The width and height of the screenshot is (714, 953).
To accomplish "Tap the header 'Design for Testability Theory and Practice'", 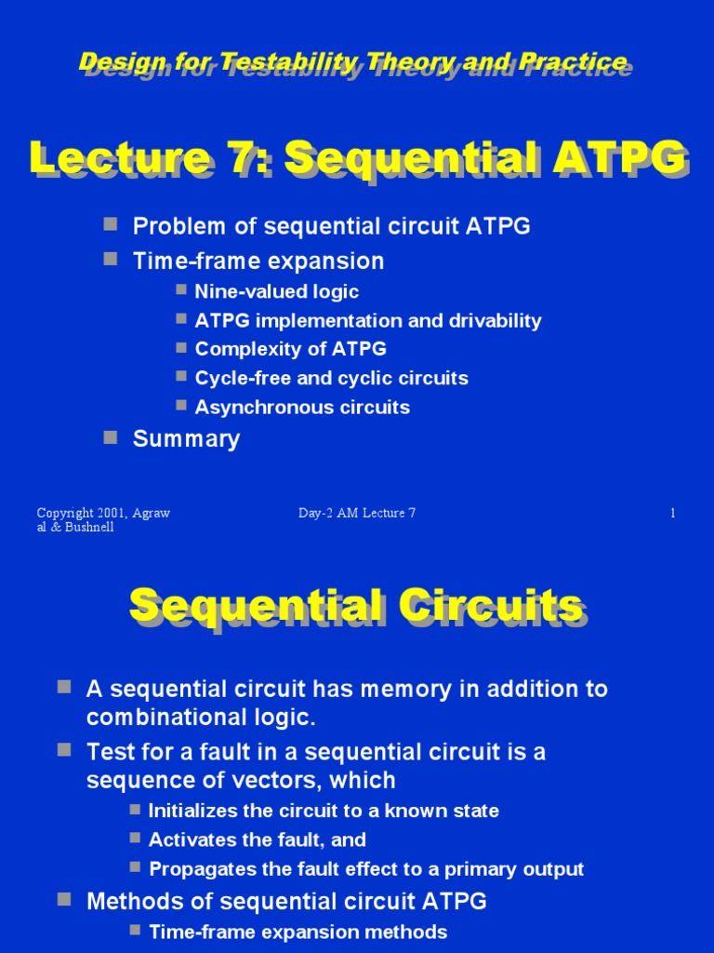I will coord(354,62).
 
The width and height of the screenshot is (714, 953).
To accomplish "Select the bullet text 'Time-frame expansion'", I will coord(258,261).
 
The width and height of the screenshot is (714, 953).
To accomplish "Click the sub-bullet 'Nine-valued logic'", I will coord(276,291).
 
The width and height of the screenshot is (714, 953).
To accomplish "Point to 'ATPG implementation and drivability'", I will coord(367,321).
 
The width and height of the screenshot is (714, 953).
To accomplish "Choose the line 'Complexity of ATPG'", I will coord(290,350).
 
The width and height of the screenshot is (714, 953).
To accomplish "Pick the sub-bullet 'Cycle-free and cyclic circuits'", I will coord(331,378).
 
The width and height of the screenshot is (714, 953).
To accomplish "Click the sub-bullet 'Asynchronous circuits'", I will coord(302,407).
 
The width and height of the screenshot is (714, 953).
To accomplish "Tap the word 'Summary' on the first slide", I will coord(186,439).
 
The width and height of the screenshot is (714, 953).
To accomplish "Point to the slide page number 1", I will coord(672,514).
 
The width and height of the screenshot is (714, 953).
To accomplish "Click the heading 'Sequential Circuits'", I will coord(357,607).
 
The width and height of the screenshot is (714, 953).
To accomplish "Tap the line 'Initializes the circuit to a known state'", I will coord(324,811).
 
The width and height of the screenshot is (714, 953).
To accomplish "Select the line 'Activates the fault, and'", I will coord(258,839).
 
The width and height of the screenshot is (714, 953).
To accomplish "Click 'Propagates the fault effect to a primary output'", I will coord(366,869).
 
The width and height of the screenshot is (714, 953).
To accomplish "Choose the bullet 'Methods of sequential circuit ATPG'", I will coord(286,901).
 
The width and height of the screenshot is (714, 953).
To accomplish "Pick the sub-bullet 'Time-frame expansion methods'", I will coord(297,932).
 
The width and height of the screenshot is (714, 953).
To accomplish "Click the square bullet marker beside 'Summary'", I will coord(111,436).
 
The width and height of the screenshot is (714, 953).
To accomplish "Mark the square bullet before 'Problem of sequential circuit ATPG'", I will coord(111,224).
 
